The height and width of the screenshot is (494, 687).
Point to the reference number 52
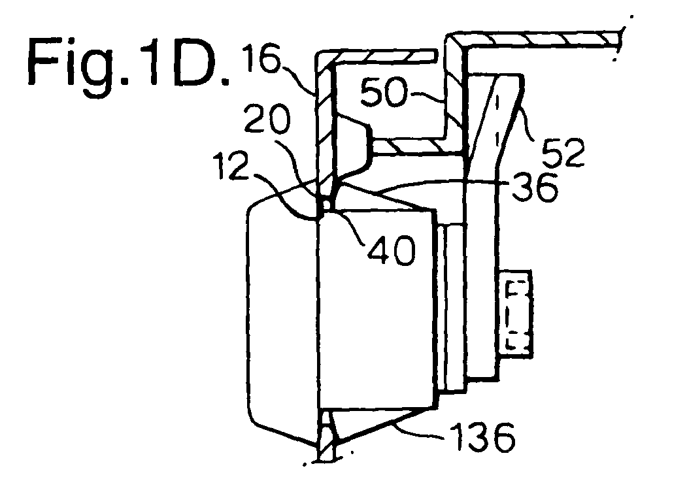(563, 152)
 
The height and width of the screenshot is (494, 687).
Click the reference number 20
(267, 119)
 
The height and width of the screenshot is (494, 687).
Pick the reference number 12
(231, 166)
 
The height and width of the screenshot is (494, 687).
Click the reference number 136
(482, 436)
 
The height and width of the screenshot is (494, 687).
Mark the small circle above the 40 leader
(326, 204)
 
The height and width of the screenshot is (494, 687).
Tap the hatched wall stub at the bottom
(326, 435)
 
